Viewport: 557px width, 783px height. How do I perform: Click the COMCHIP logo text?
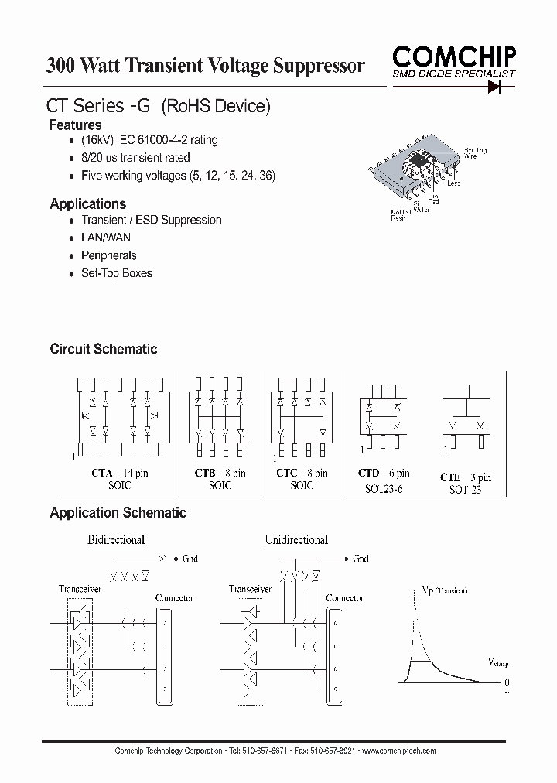[x=453, y=56]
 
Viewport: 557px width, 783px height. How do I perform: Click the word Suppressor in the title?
[x=319, y=66]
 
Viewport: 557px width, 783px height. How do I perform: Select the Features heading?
[x=75, y=125]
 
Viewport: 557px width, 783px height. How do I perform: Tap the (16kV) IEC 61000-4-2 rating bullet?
[x=149, y=140]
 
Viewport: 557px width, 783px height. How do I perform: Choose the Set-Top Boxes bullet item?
[x=117, y=273]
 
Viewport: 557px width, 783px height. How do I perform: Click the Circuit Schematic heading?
[x=103, y=349]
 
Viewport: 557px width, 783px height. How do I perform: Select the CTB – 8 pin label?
[x=219, y=473]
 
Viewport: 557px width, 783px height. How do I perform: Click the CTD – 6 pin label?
[x=384, y=473]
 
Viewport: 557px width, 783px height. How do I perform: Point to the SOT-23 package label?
[x=464, y=491]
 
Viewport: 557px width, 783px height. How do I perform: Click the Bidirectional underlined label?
[x=116, y=540]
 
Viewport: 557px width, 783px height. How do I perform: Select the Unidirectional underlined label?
[x=296, y=540]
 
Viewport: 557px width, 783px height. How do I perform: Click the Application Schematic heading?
[x=118, y=513]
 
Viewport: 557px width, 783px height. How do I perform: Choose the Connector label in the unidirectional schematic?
[x=345, y=598]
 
